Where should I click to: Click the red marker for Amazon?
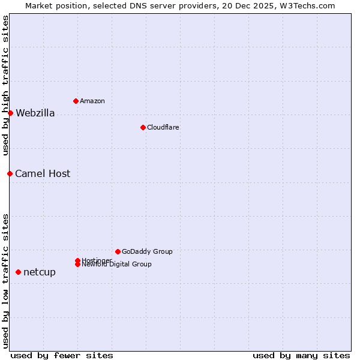(x=76, y=101)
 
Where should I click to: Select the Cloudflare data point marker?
(x=143, y=127)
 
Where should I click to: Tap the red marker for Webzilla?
(x=10, y=113)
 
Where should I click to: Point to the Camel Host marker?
(x=10, y=173)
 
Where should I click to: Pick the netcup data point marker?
(x=18, y=272)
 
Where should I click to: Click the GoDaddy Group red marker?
(x=118, y=251)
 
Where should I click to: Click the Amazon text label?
(x=92, y=101)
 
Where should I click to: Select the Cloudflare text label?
(x=163, y=127)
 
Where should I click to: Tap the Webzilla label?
(x=35, y=113)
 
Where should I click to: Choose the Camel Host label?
(x=43, y=174)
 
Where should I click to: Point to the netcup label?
(x=40, y=272)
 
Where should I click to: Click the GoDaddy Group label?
(x=147, y=251)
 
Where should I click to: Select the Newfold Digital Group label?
(x=116, y=265)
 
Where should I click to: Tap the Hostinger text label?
(x=97, y=260)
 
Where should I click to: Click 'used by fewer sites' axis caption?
(x=62, y=355)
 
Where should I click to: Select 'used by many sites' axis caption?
(x=301, y=355)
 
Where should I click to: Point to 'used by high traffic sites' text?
(x=6, y=85)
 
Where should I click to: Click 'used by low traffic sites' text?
(x=6, y=280)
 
